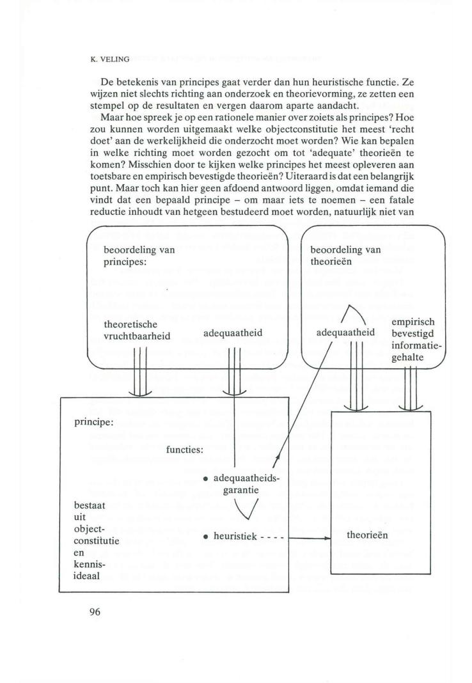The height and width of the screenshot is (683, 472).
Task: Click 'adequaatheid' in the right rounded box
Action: [x=346, y=333]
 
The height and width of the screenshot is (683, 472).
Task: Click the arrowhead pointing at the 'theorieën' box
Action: [x=327, y=538]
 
